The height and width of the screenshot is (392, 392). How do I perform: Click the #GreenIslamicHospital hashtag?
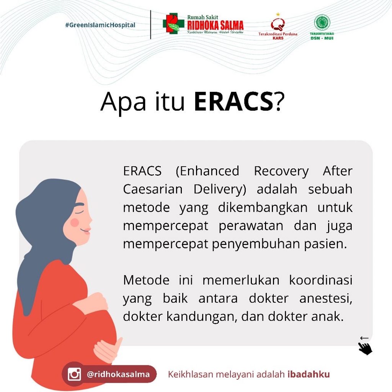[x=100, y=25]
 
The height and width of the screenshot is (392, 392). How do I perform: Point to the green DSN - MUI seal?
[x=322, y=23]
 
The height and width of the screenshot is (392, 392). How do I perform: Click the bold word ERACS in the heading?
[x=233, y=102]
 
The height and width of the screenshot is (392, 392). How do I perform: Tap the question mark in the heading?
[x=280, y=102]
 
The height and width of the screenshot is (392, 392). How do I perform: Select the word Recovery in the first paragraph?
[x=281, y=171]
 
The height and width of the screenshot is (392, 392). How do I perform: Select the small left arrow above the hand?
[x=364, y=338]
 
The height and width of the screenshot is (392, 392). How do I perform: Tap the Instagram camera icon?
[x=74, y=374]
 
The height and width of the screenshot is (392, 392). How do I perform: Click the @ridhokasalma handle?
[x=118, y=374]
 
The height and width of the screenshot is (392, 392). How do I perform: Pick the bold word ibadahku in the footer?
[x=308, y=374]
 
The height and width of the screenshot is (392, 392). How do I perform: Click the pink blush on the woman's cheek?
[x=75, y=222]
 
